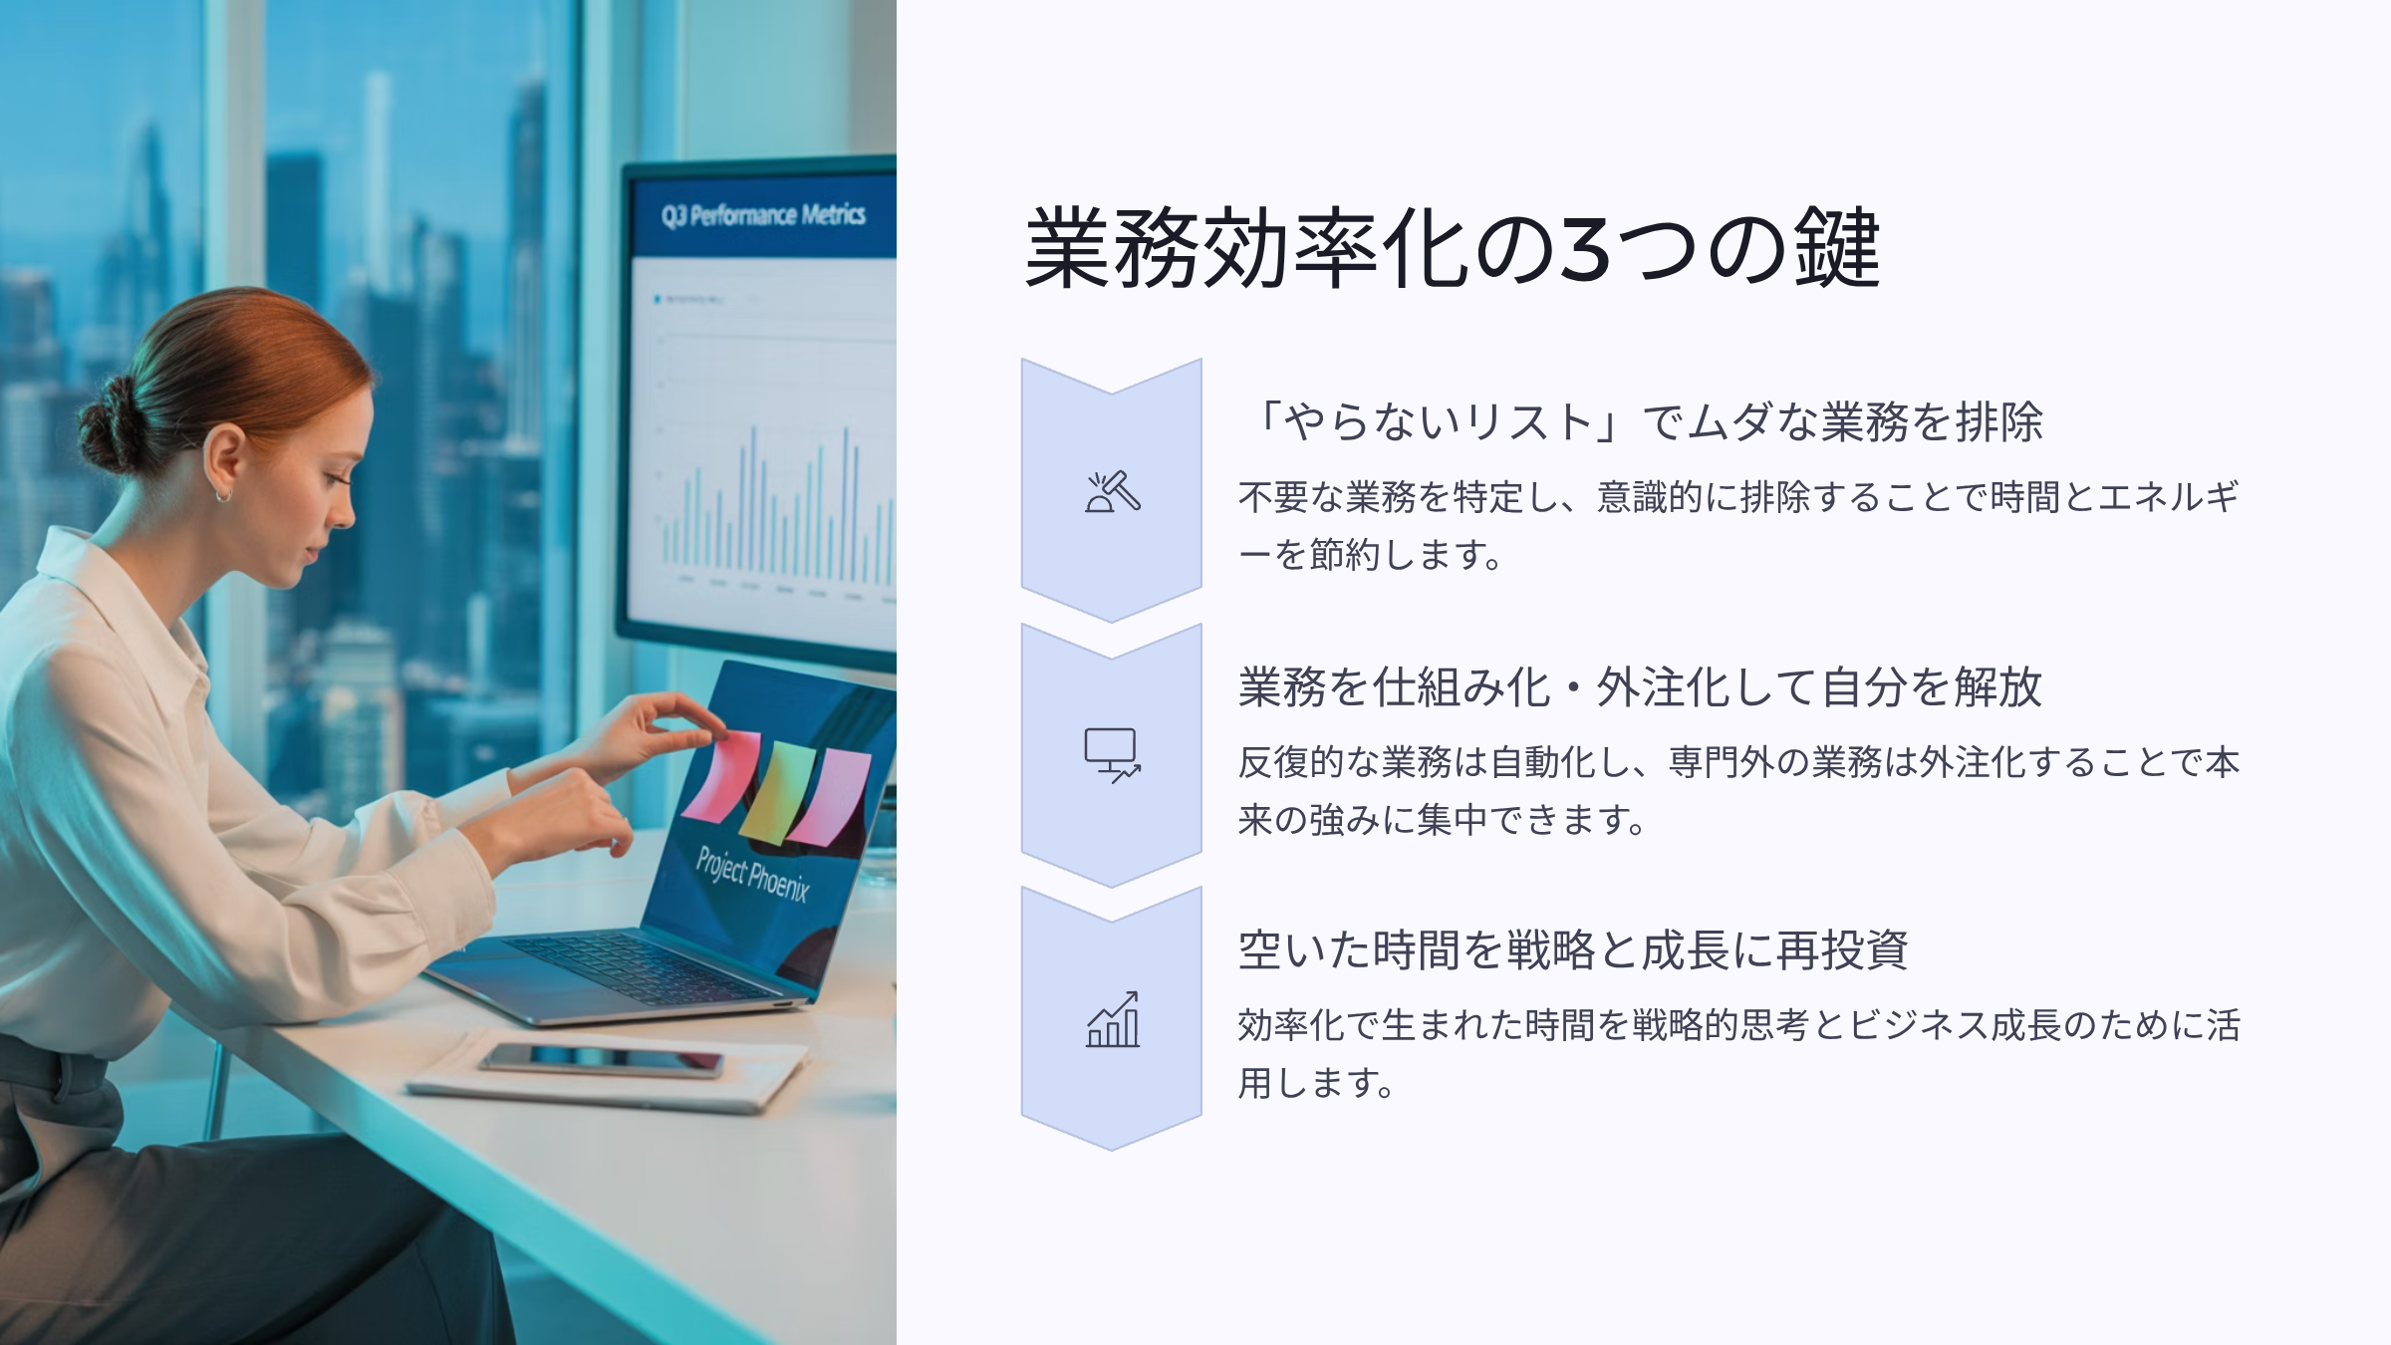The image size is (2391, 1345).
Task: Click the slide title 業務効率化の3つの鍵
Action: (x=1453, y=248)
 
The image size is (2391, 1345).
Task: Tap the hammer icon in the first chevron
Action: (x=1112, y=491)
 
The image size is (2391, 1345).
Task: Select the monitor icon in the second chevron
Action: (x=1112, y=755)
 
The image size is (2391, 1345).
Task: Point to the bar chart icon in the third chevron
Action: (x=1112, y=1019)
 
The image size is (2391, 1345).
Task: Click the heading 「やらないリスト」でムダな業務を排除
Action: (x=1641, y=421)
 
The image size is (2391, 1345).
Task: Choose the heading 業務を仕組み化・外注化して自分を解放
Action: (x=1640, y=686)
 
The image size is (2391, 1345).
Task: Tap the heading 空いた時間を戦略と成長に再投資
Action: (x=1573, y=949)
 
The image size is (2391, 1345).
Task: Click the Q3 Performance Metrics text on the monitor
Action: (x=763, y=215)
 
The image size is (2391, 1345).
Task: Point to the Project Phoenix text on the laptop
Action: (x=753, y=874)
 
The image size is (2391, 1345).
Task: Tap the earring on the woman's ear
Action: (x=222, y=493)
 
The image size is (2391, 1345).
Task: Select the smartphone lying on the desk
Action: (x=603, y=1059)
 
